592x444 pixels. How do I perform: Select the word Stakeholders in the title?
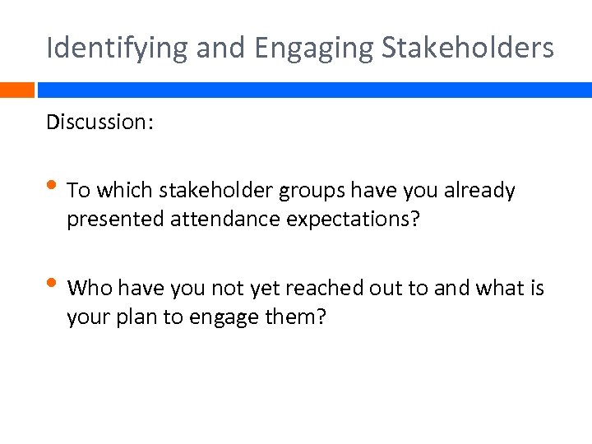coord(468,47)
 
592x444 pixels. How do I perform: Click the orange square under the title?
coord(17,90)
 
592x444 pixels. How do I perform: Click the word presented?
coord(107,220)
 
